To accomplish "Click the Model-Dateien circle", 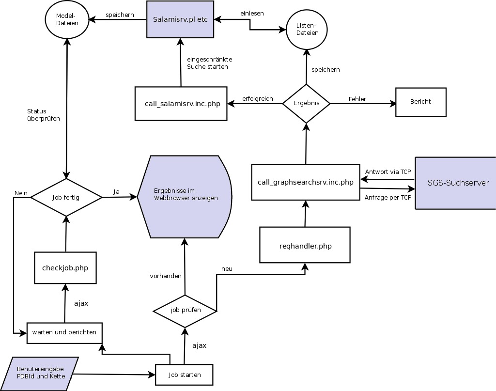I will pos(67,19).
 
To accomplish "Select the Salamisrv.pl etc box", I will pos(180,19).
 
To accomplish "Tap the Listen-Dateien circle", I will pos(307,29).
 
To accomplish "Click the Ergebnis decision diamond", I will pos(306,103).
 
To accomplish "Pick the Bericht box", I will pos(420,102).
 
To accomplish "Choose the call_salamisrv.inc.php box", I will pos(181,104).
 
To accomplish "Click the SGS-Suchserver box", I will pos(455,183).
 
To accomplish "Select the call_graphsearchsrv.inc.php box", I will pos(306,182).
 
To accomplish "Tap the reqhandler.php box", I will pos(305,246).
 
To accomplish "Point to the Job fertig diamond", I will pos(66,197).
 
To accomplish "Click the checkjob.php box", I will pos(65,268).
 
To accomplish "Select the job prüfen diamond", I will pos(185,310).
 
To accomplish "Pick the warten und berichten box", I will pos(64,332).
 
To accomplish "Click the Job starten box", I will pos(184,375).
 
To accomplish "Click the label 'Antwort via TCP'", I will pos(388,172).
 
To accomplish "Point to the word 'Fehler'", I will pos(357,99).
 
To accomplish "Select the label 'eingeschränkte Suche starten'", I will pos(209,63).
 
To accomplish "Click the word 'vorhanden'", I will pos(166,276).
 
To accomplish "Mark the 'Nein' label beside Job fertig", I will pos(21,193).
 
